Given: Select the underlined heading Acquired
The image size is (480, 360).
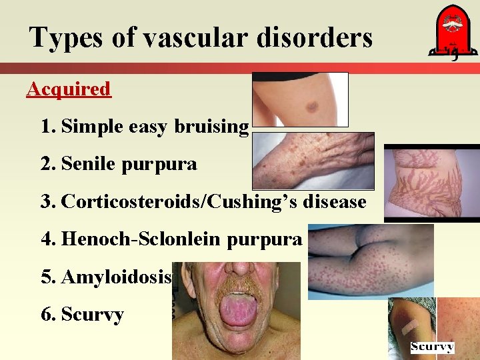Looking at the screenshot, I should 69,89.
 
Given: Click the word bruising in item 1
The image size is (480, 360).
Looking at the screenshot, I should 212,126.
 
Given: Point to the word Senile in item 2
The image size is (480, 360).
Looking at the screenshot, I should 89,163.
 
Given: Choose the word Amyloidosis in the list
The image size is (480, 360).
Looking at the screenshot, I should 117,276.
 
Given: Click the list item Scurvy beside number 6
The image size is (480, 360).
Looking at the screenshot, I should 92,314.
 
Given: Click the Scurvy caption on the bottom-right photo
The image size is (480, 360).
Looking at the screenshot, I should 432,347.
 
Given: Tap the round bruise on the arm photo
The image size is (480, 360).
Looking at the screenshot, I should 311,105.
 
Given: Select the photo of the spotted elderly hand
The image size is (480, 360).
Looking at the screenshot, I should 313,160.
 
